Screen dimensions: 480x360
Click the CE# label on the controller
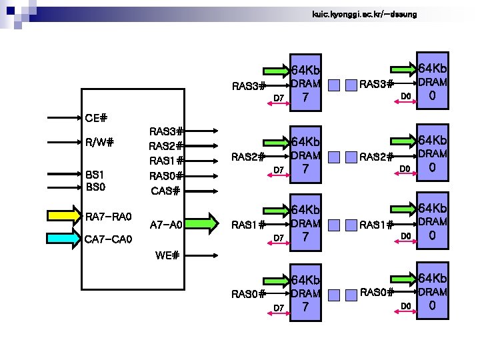96,118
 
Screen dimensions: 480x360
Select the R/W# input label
99,142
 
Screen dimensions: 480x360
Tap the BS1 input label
95,175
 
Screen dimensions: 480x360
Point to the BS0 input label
95,187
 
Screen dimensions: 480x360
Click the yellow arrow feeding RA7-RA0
65,216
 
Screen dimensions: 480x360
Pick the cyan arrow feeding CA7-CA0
64,238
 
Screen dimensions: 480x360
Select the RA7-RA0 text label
109,217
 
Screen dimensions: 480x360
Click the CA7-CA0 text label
108,239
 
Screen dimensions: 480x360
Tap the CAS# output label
165,191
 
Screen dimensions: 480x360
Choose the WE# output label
167,255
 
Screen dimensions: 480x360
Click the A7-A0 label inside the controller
166,225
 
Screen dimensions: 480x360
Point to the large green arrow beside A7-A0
202,223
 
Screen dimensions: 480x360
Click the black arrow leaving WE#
201,255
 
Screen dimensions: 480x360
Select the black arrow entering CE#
64,117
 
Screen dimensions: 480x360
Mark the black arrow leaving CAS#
201,191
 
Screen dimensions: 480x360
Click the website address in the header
364,15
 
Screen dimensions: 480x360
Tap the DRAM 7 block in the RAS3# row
305,83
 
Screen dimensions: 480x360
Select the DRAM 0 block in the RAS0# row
433,291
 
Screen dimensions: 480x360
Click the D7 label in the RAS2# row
279,170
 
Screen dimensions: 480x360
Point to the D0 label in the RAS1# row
406,236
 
